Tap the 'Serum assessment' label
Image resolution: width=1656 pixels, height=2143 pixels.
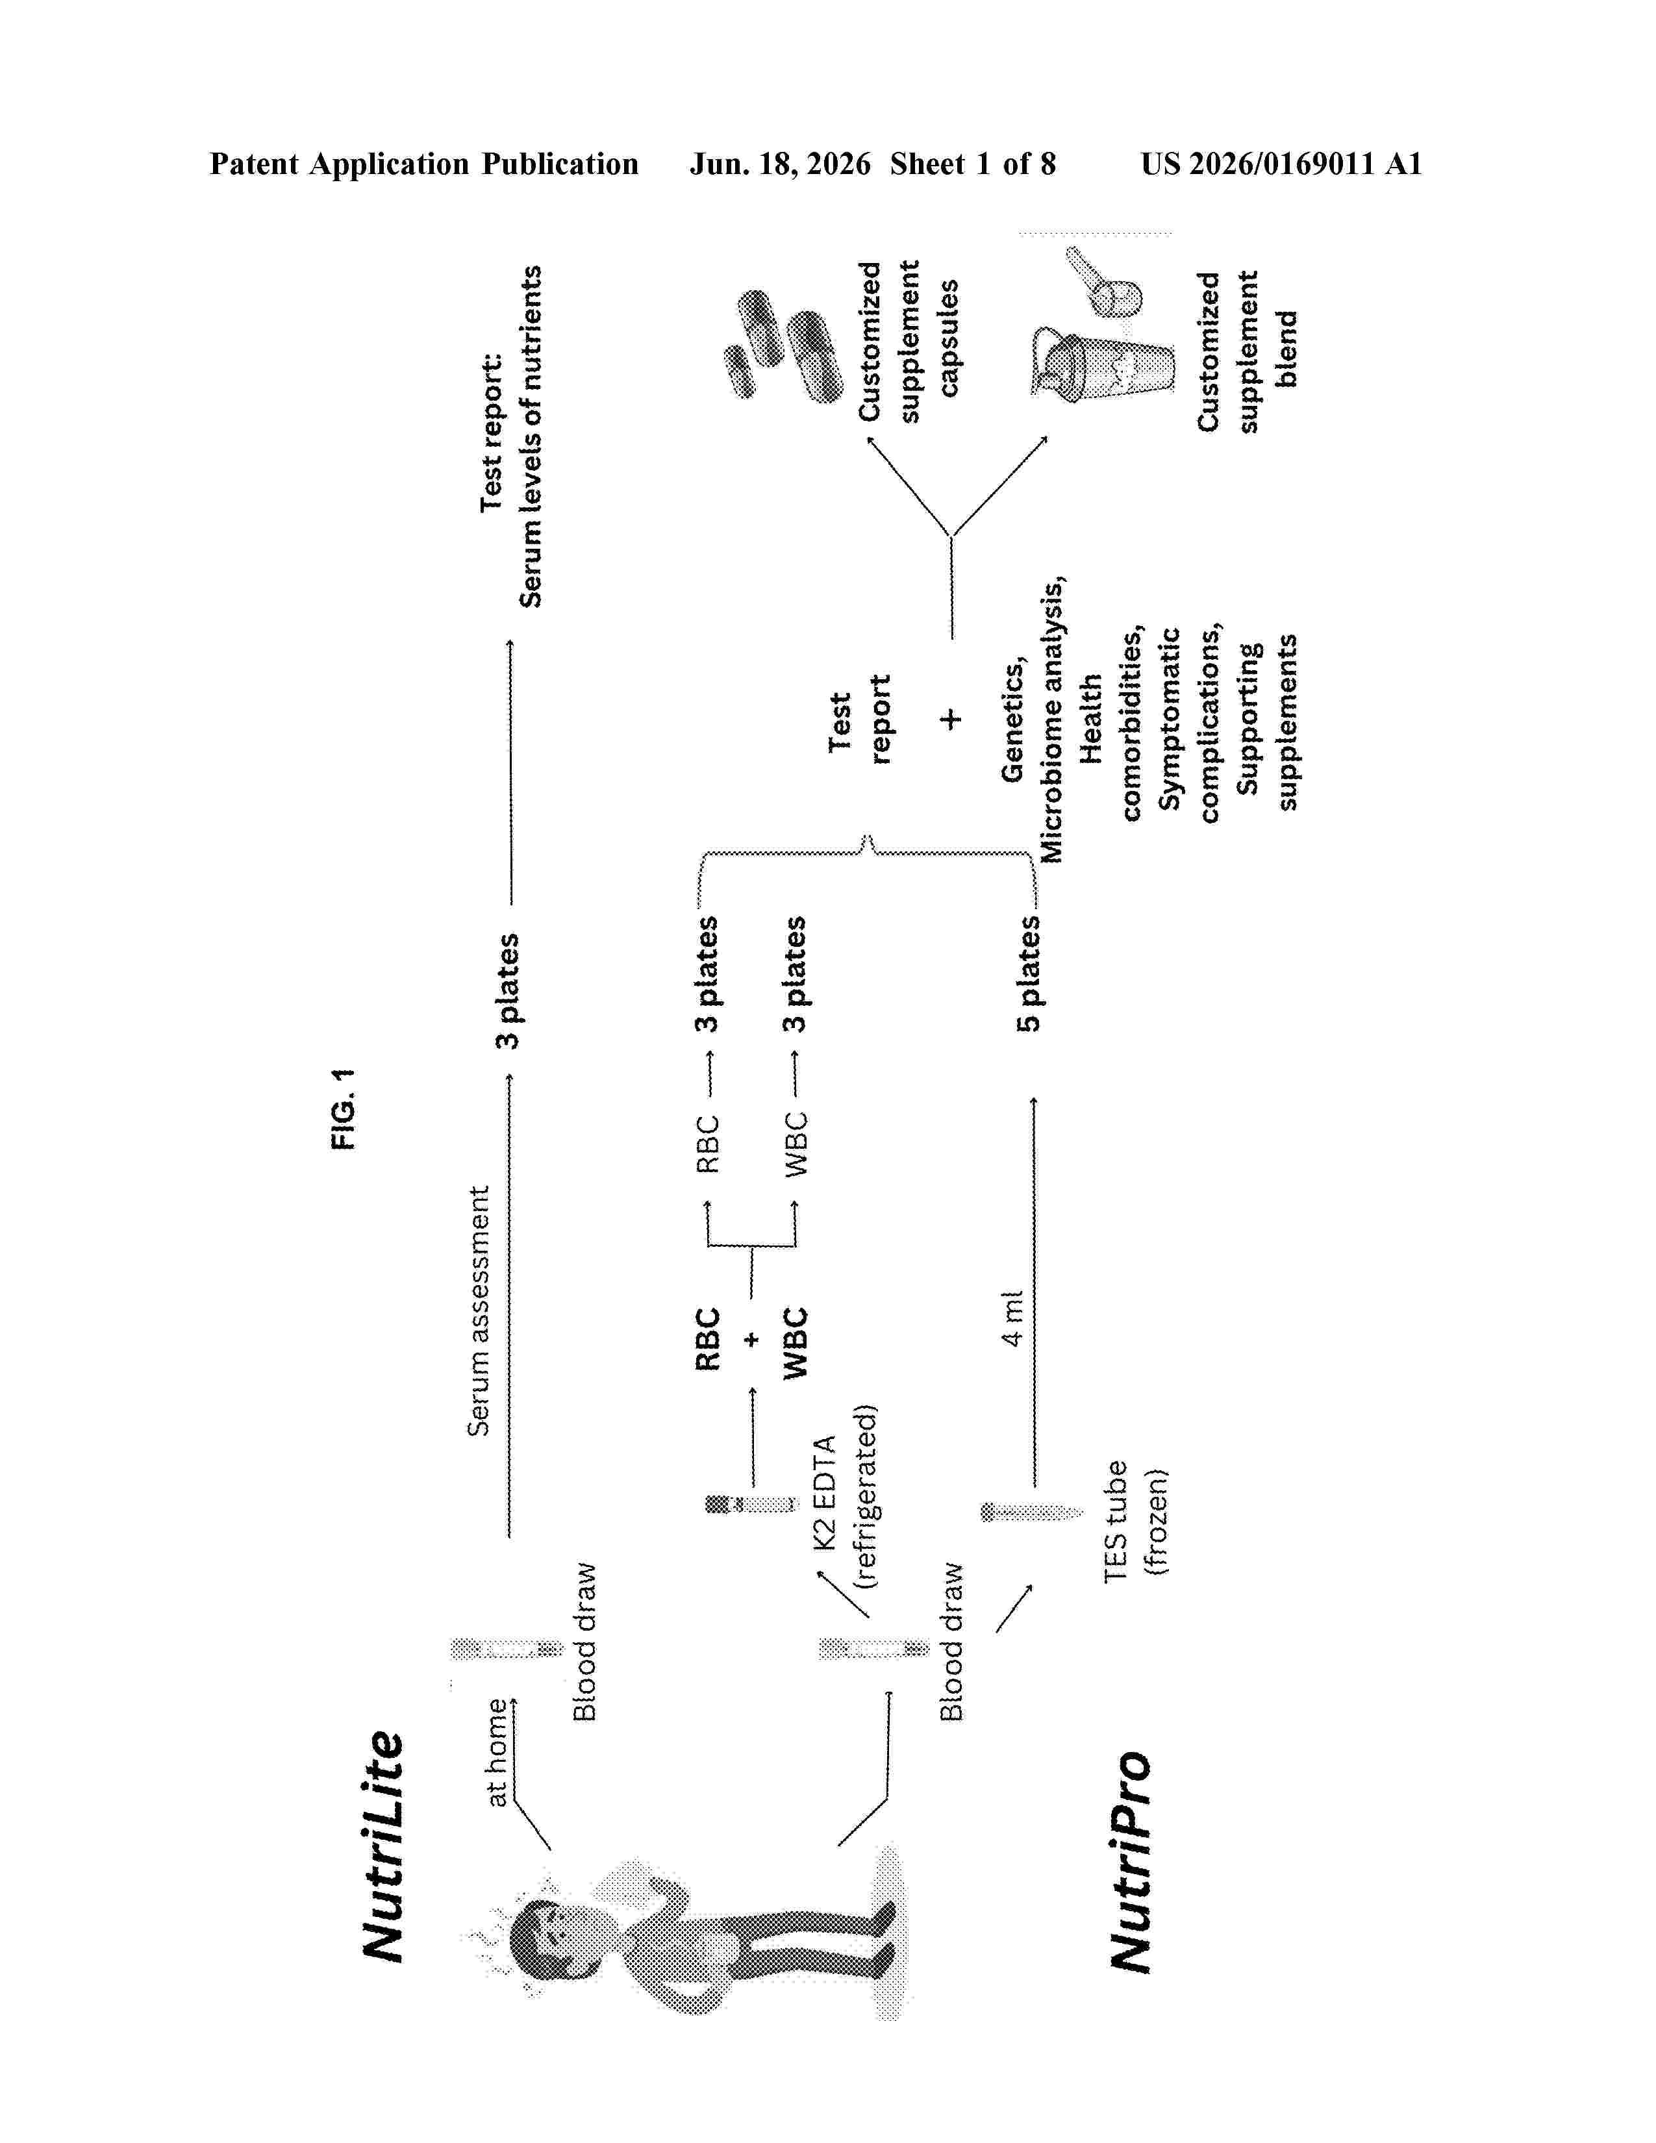click(x=478, y=1311)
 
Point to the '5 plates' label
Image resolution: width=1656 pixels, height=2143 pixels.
click(x=1029, y=973)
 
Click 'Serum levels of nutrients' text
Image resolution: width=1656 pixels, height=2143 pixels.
click(x=530, y=436)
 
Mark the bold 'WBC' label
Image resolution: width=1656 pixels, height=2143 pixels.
click(x=795, y=1342)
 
